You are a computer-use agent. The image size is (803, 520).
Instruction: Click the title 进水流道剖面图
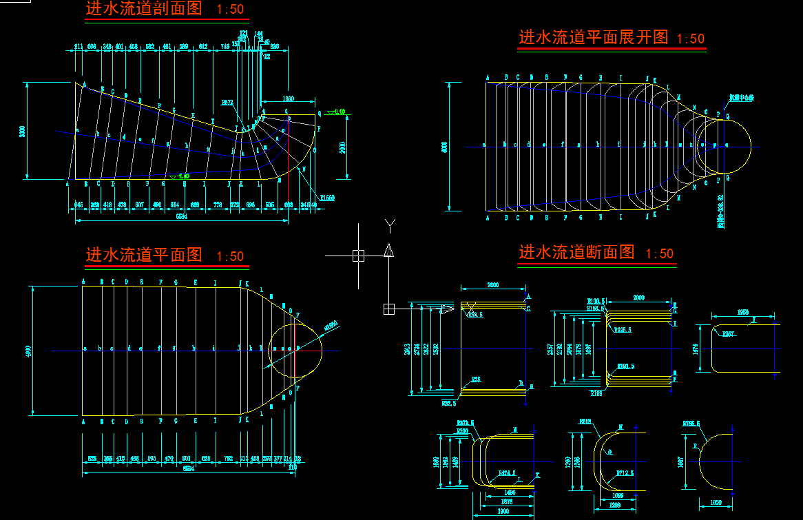click(x=143, y=9)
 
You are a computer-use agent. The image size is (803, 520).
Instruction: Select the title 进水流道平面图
click(x=143, y=256)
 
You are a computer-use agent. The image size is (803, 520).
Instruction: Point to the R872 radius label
click(x=227, y=103)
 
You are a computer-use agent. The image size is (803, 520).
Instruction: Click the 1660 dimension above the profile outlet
click(x=288, y=99)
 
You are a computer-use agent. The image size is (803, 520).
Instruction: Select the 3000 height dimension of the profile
click(x=22, y=131)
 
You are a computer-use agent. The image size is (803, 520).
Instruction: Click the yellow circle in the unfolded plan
click(x=723, y=146)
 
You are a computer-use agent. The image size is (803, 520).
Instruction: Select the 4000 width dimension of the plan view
click(x=28, y=351)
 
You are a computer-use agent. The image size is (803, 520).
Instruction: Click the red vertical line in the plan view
click(x=294, y=350)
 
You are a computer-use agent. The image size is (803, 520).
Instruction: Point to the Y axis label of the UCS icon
click(x=389, y=224)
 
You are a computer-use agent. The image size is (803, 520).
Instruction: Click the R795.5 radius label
click(x=691, y=424)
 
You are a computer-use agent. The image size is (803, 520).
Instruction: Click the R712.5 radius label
click(x=624, y=473)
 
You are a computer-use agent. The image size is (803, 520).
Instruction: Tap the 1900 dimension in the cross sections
click(x=503, y=511)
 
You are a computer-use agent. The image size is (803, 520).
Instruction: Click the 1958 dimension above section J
click(x=742, y=312)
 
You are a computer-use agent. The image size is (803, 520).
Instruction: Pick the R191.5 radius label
click(x=625, y=366)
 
